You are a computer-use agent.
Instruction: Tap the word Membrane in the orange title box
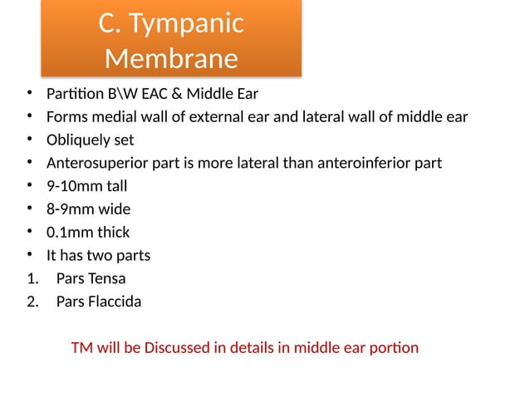171,59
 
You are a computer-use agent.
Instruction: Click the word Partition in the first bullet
72,93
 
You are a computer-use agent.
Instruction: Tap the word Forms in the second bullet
66,116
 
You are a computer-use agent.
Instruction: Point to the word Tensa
107,278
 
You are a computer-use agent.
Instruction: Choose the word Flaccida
114,301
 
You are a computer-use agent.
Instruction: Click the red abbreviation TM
81,347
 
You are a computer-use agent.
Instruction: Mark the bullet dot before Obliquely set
29,140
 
